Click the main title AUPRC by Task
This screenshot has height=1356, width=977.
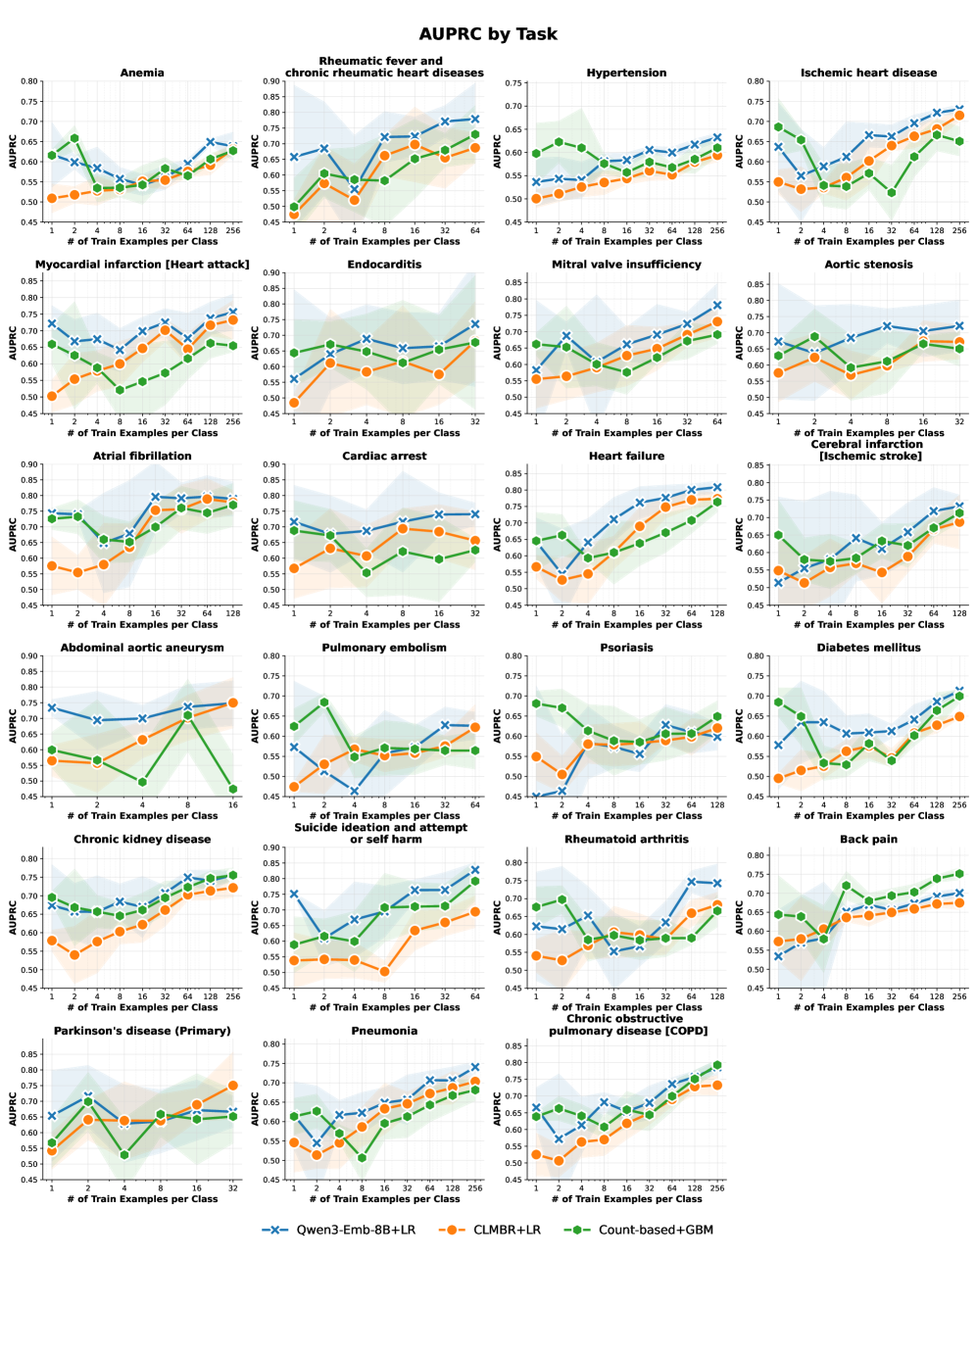[488, 34]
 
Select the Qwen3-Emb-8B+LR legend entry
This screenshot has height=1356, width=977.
[338, 1230]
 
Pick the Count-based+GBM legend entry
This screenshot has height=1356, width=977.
[638, 1230]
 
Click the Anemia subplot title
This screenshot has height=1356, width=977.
[142, 73]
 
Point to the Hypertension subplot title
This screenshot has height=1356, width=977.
[626, 73]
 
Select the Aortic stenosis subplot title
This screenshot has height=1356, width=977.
[868, 265]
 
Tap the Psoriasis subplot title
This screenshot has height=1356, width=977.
[626, 648]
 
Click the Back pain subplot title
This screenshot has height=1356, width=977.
[868, 840]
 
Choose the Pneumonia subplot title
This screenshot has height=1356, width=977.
[384, 1031]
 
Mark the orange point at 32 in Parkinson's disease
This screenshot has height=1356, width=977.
[233, 1086]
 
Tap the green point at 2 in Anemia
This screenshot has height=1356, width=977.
[74, 138]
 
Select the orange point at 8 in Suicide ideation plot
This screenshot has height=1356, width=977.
[384, 972]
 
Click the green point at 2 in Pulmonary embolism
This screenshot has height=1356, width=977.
[324, 702]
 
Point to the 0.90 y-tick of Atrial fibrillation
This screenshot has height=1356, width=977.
[29, 465]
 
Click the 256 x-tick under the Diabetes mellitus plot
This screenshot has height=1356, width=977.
[959, 805]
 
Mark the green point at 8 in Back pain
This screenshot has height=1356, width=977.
[847, 886]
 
